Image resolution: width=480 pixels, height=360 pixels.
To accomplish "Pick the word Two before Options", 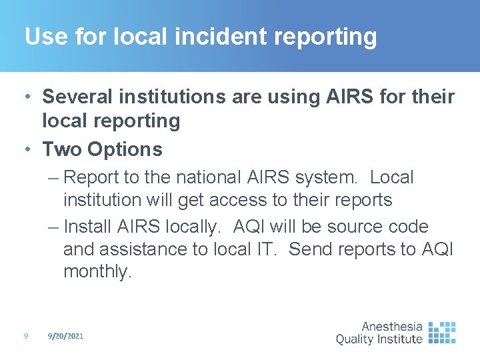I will click(61, 149).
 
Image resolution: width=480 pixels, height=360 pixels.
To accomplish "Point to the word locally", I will click(193, 227).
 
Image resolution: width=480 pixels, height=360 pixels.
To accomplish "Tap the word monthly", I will click(97, 271).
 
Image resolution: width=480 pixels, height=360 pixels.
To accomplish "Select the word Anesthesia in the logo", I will click(391, 327).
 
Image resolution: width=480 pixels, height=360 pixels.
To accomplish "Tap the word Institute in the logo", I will click(399, 339).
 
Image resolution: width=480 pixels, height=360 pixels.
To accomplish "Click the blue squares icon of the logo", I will click(442, 332).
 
